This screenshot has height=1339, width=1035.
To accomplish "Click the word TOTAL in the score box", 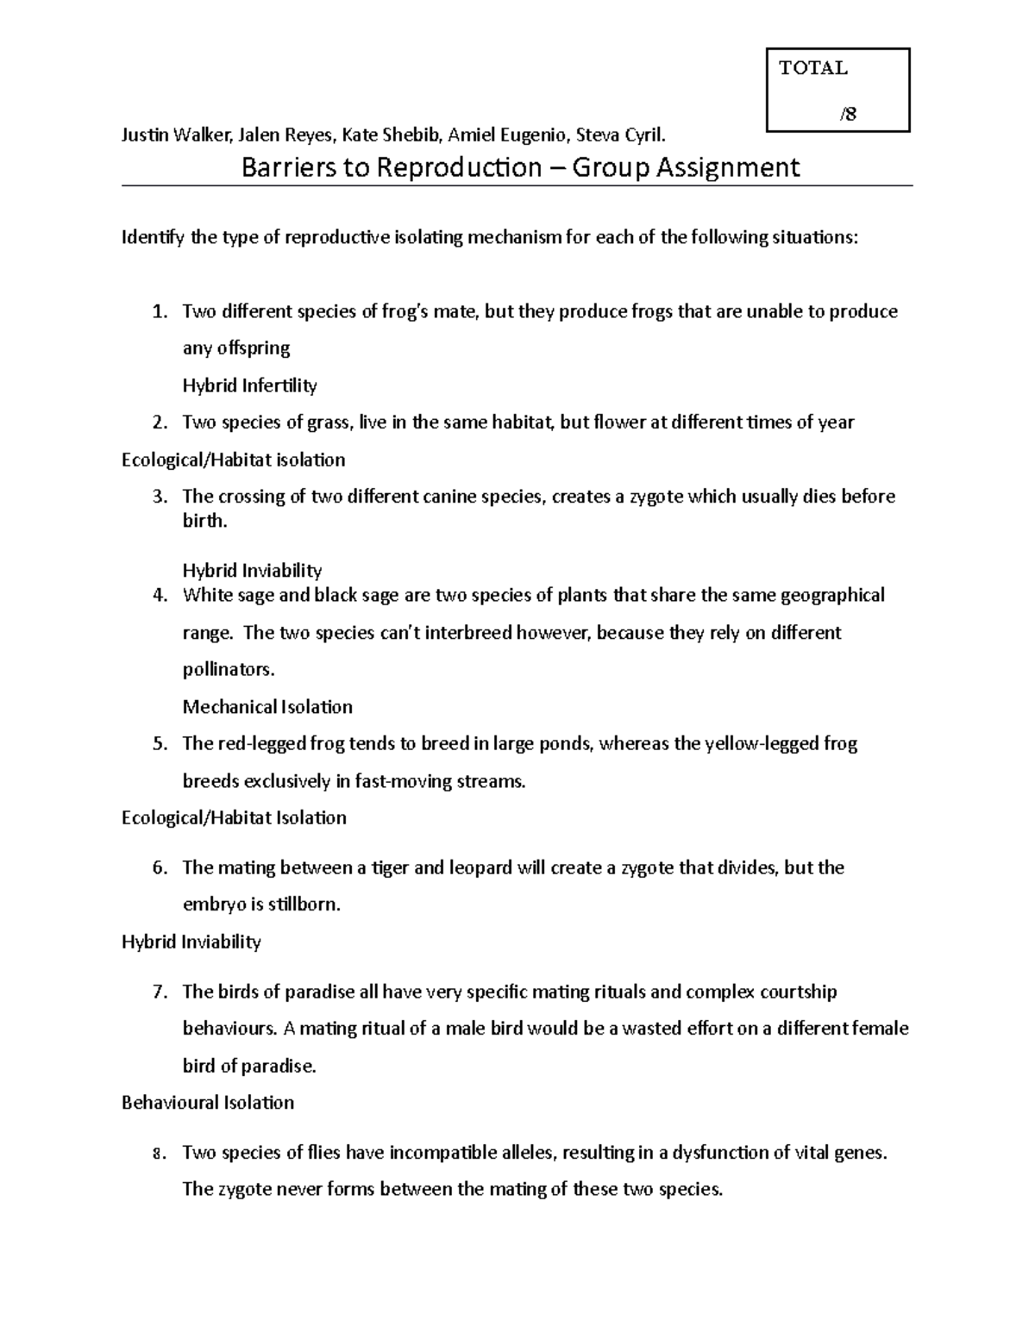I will pyautogui.click(x=812, y=68).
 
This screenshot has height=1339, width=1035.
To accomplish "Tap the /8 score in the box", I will pyautogui.click(x=848, y=114).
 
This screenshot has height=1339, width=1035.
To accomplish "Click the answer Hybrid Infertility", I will pyautogui.click(x=249, y=385).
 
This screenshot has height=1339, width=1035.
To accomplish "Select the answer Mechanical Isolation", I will pyautogui.click(x=267, y=707).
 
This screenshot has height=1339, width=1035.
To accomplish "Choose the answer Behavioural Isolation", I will pyautogui.click(x=208, y=1103).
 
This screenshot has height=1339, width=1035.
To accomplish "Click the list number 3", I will pyautogui.click(x=158, y=497).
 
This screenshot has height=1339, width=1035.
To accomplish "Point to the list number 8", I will pyautogui.click(x=158, y=1154).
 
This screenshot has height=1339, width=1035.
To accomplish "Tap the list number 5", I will pyautogui.click(x=158, y=744).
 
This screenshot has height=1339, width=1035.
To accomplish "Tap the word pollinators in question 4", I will pyautogui.click(x=228, y=670).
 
